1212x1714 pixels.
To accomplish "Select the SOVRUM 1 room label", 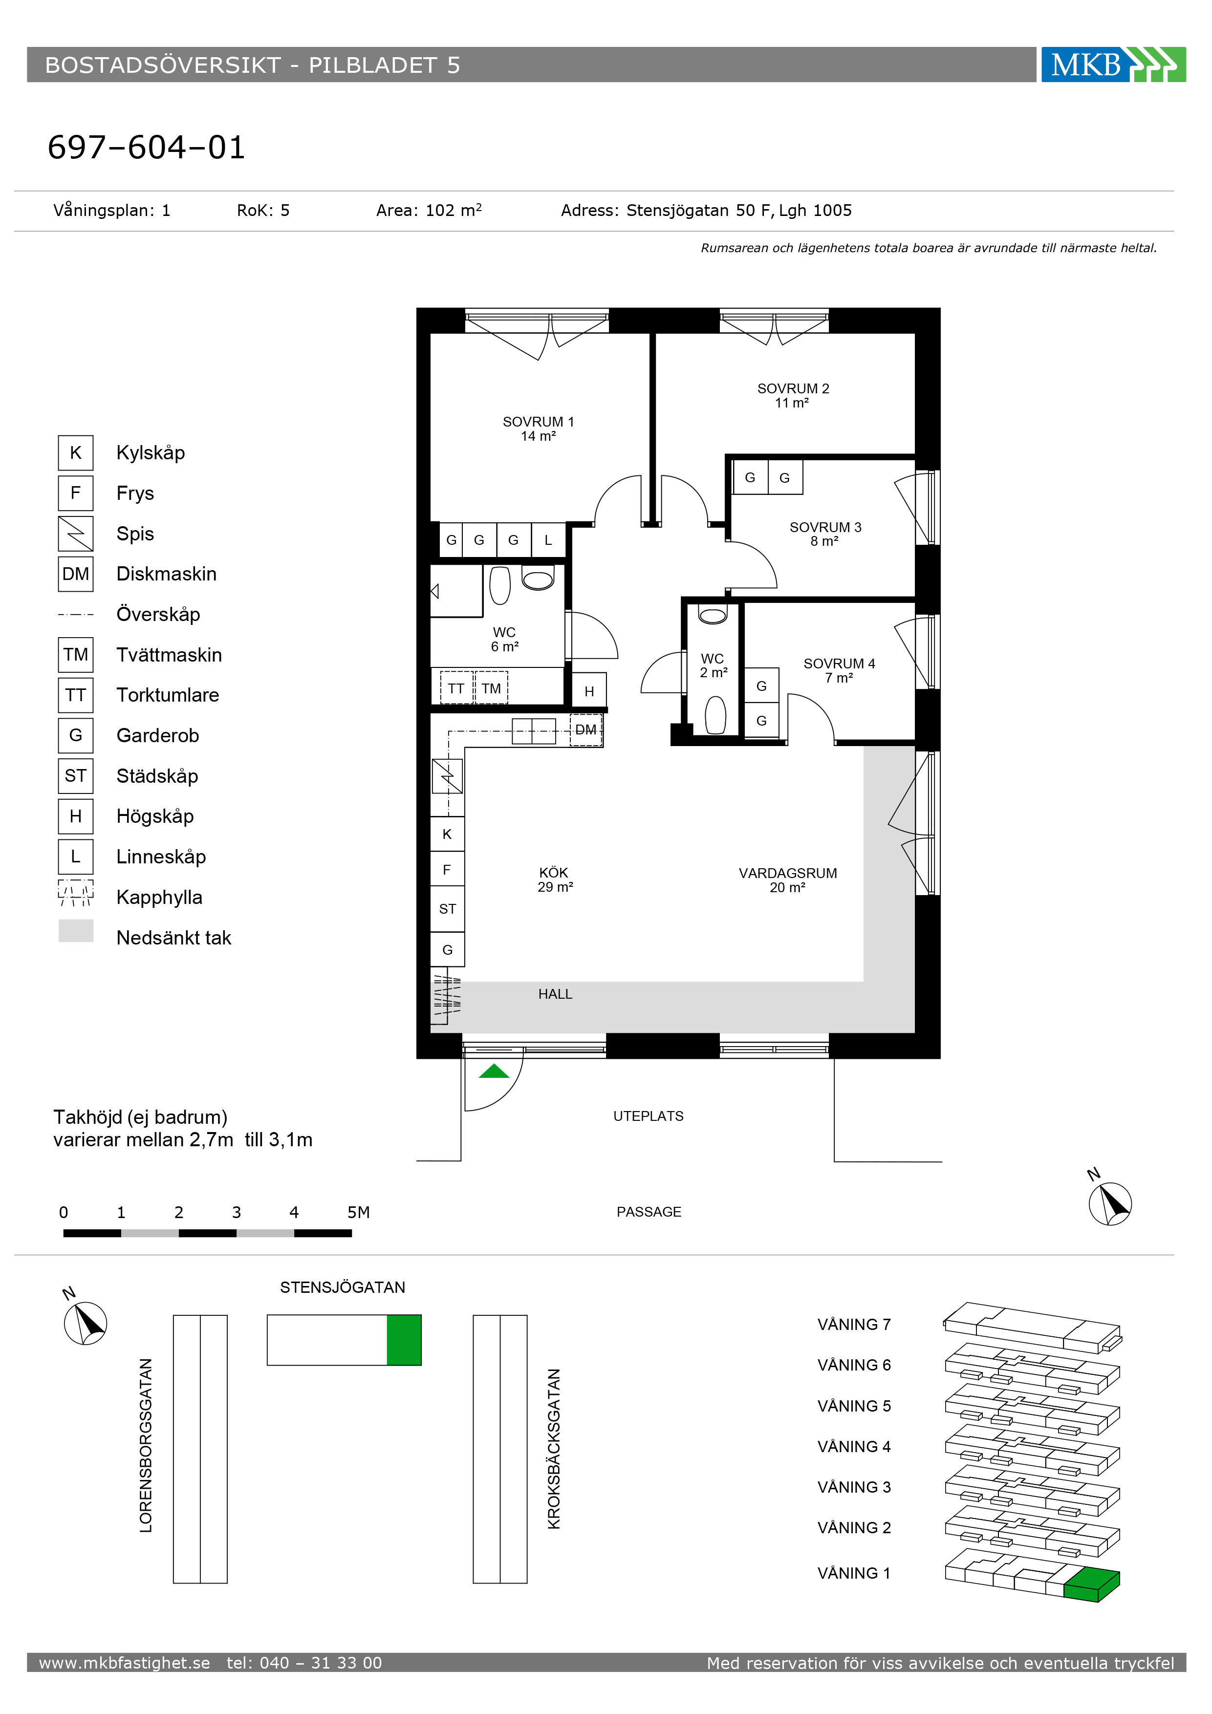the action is pos(539,428).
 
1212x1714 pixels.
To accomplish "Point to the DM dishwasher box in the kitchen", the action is pos(586,730).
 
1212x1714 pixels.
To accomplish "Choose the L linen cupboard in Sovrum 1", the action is pos(548,540).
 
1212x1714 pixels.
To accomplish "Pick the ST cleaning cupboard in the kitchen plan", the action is pos(447,908).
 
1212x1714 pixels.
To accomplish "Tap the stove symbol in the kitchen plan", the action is pos(447,776).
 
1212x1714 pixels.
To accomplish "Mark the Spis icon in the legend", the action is pos(75,533).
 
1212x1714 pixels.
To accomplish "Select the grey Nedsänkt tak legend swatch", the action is pos(75,930).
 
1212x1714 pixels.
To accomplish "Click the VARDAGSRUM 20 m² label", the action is pos(788,880).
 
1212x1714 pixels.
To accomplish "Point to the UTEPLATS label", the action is pos(648,1116).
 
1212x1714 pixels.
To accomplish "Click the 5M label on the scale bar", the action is pos(358,1212).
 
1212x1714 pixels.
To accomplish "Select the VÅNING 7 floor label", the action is pos(854,1324).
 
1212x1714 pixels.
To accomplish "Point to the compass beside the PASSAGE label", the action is pos(1110,1203).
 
